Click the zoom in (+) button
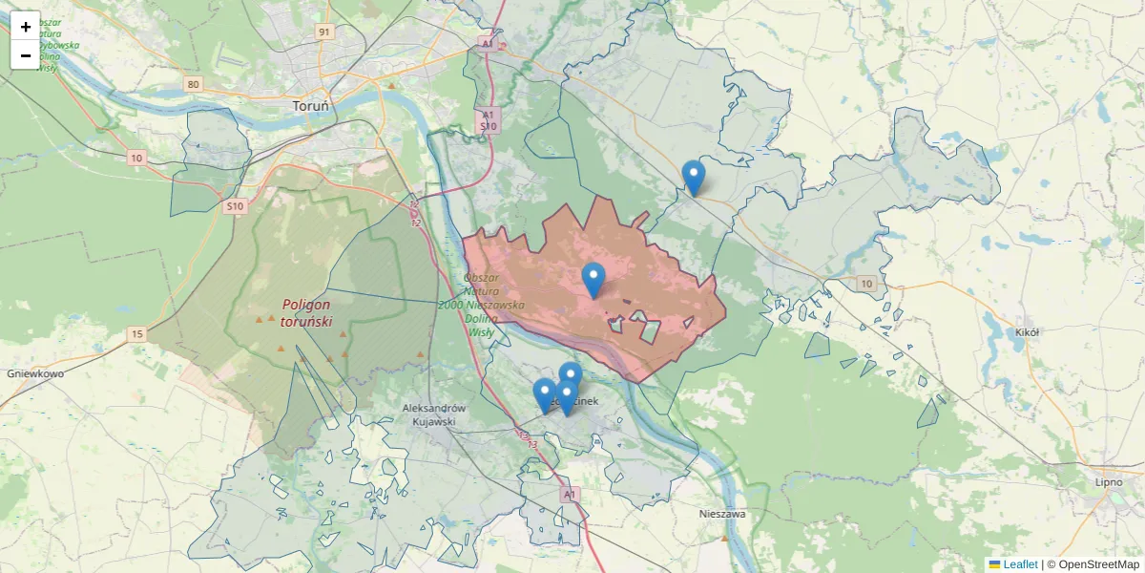[x=25, y=27]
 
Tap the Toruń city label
[x=310, y=106]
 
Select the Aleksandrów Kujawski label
[x=429, y=414]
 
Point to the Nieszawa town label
[x=721, y=514]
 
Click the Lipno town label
[x=1109, y=482]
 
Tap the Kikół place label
[x=1027, y=332]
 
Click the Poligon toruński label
[x=306, y=313]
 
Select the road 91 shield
[x=324, y=32]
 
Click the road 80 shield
[x=194, y=85]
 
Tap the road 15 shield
[x=137, y=333]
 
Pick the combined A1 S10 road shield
[x=488, y=119]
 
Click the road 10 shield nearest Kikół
[x=865, y=284]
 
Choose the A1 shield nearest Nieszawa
[x=570, y=494]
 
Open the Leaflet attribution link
[x=1019, y=564]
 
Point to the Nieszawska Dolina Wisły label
[x=481, y=305]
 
